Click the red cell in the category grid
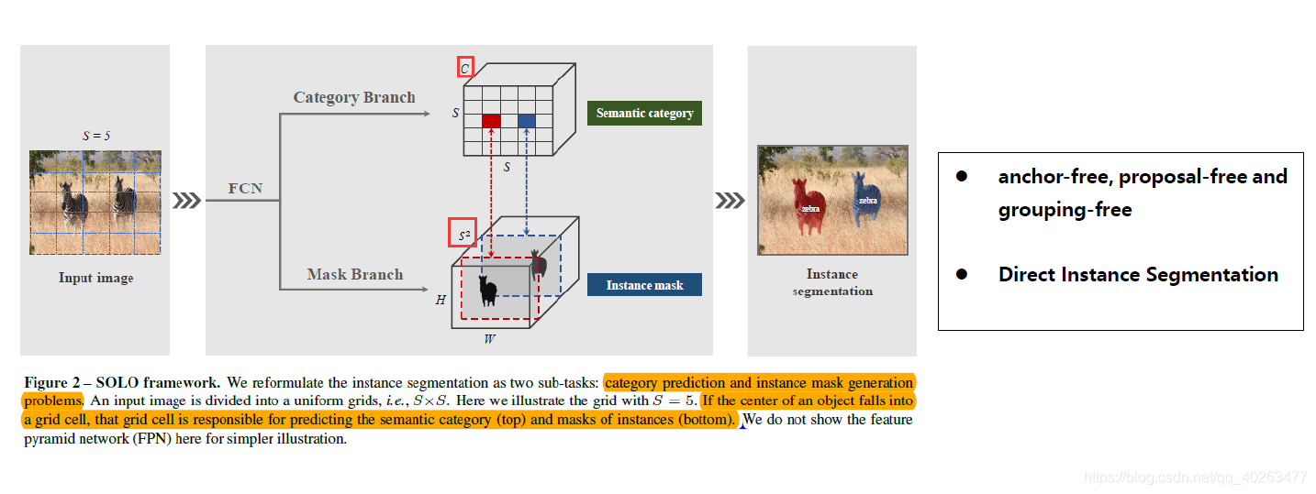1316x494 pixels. click(x=491, y=121)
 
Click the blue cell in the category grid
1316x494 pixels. click(x=527, y=121)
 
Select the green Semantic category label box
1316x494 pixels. click(x=644, y=113)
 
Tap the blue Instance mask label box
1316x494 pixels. click(x=644, y=285)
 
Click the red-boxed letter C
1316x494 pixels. click(x=464, y=68)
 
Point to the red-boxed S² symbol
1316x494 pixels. click(x=464, y=236)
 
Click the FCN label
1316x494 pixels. click(x=245, y=189)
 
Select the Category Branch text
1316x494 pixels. click(x=354, y=97)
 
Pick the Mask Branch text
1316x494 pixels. click(x=354, y=274)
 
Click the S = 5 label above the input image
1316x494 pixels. click(x=95, y=136)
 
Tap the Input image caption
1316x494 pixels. click(x=95, y=278)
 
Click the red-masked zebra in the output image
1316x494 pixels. click(x=809, y=205)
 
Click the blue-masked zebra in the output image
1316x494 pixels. click(x=866, y=198)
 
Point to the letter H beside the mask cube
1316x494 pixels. click(x=440, y=300)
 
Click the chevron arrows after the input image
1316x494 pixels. click(x=187, y=201)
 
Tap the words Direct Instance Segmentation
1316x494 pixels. click(x=1138, y=275)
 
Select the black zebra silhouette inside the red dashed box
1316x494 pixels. click(x=487, y=291)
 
